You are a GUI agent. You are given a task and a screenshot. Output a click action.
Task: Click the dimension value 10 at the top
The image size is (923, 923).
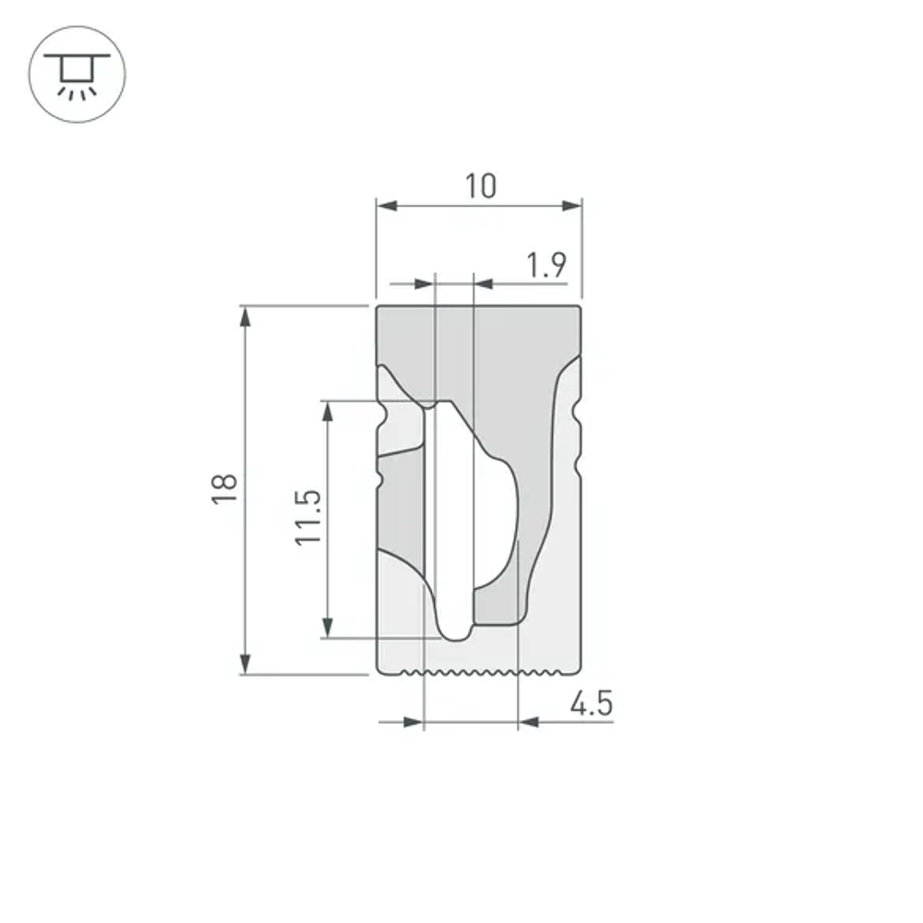tap(480, 186)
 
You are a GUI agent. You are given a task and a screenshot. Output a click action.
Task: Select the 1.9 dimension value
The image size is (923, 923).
tap(545, 267)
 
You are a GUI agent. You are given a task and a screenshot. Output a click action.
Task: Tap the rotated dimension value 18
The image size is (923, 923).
tap(224, 487)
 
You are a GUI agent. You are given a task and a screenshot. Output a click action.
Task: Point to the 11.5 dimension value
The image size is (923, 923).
tap(308, 518)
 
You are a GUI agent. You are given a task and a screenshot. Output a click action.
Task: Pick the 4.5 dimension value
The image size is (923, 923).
tap(591, 704)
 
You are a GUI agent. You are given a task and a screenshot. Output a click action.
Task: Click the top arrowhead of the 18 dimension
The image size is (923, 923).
tap(245, 317)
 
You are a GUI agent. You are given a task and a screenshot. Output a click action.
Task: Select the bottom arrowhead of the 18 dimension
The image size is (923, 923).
tap(245, 663)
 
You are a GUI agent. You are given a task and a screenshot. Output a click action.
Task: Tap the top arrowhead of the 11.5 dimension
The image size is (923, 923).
tap(327, 412)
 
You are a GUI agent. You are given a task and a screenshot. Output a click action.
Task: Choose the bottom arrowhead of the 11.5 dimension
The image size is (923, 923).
tap(327, 627)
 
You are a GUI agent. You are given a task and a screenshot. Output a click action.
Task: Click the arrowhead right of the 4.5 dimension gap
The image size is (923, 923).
tap(529, 722)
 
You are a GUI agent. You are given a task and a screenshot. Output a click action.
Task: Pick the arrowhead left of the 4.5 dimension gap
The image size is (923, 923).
tap(412, 722)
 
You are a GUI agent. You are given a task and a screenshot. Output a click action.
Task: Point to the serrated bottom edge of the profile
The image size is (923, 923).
tap(471, 672)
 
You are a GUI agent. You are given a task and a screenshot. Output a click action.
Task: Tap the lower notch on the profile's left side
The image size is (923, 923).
tap(380, 481)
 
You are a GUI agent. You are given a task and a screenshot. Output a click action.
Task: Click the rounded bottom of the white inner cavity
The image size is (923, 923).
tap(455, 634)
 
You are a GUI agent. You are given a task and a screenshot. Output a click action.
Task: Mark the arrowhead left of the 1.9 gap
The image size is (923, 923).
tap(423, 284)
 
